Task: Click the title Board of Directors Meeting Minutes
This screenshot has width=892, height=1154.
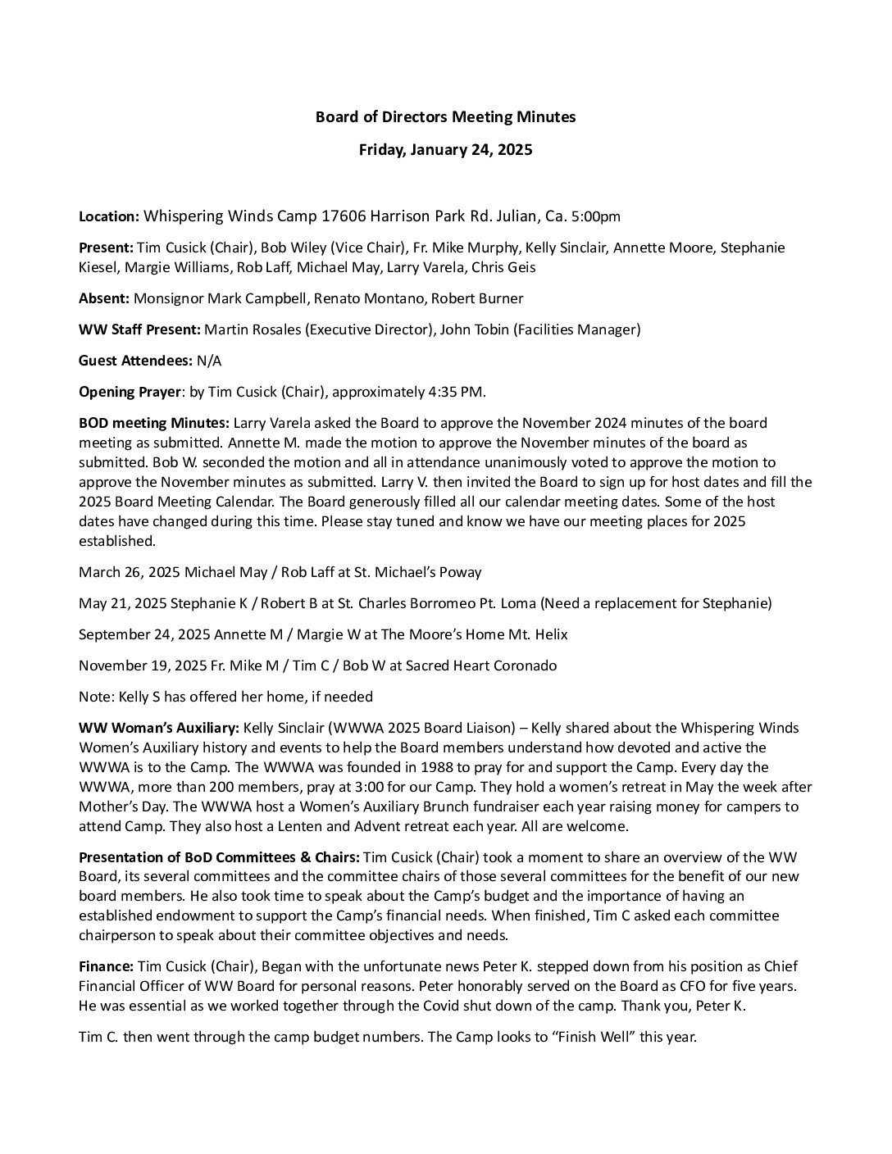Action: (445, 117)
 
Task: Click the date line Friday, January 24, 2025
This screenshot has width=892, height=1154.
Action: (445, 150)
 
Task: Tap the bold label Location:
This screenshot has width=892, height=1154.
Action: (108, 217)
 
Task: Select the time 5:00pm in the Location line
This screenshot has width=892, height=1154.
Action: (596, 217)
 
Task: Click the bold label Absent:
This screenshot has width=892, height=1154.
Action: (103, 298)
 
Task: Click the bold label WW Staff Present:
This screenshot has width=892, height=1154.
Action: (139, 329)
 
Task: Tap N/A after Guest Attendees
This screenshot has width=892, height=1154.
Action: (209, 361)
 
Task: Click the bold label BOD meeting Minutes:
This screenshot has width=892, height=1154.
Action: (154, 423)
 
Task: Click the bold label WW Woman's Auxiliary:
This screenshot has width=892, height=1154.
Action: (159, 728)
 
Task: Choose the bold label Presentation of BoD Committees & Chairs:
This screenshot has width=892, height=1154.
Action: (219, 857)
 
